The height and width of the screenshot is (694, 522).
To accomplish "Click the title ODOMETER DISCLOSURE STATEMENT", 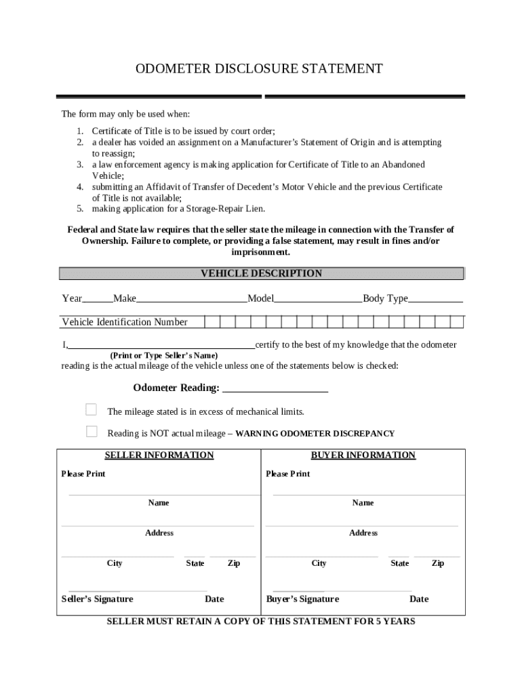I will click(x=259, y=69).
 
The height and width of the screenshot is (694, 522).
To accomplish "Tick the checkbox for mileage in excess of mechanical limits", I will click(x=91, y=409).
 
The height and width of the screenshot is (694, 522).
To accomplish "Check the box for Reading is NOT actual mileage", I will click(x=91, y=431).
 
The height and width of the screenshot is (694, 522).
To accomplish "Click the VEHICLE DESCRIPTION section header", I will click(x=261, y=274).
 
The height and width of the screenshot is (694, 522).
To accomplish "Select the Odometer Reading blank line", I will click(x=275, y=388).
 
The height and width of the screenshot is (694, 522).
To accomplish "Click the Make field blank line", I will click(x=192, y=300).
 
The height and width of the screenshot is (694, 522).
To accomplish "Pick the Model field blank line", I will click(x=318, y=300).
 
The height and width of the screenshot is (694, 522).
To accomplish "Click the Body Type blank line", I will click(x=435, y=300).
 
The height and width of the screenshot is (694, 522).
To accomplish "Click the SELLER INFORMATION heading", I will click(x=159, y=455).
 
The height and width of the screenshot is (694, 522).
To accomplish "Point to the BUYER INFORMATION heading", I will click(x=363, y=455).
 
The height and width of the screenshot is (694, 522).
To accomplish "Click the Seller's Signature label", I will click(x=98, y=599).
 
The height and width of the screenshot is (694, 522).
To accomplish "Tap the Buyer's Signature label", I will click(x=302, y=599).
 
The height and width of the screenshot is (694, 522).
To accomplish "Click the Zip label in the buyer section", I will click(x=438, y=563).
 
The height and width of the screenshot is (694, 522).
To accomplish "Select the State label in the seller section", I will click(x=195, y=563).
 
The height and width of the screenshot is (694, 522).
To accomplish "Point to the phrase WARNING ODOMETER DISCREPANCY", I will click(x=315, y=434).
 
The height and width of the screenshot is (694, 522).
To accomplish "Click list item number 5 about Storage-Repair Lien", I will click(x=178, y=208).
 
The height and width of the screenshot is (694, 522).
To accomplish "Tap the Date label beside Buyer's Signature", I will click(x=419, y=599).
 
